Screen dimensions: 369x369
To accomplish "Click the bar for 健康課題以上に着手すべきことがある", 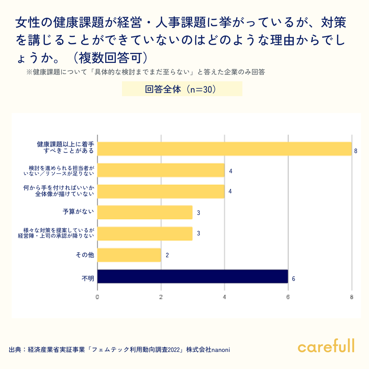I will point(224,149).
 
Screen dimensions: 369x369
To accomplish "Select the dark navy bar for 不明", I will point(193,276).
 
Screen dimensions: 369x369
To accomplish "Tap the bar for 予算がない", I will point(145,212).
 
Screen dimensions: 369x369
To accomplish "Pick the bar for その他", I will point(129,255).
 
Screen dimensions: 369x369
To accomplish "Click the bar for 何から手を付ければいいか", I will point(161,191).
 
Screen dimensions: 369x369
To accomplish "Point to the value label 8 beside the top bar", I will point(356,151).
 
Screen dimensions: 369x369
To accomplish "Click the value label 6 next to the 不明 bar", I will point(293,279).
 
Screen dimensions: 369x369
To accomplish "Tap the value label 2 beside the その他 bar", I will point(167,255).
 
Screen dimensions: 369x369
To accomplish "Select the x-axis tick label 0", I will point(97,297).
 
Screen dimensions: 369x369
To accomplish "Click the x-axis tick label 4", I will point(224,297).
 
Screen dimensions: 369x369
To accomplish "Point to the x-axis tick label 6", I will point(288,297).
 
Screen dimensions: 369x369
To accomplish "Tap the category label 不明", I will point(87,279).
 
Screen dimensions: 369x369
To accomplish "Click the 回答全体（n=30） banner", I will point(182,89).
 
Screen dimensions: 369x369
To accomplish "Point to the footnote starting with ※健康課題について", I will point(146,72).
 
